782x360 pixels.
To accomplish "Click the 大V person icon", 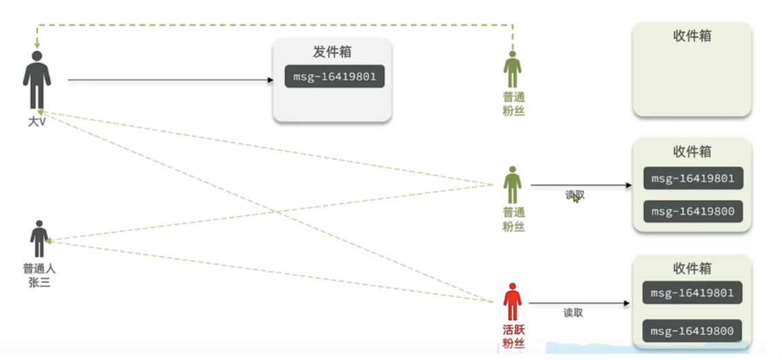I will tap(37, 80).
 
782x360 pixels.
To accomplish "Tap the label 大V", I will tap(37, 122).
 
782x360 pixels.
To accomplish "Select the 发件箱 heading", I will tap(332, 52).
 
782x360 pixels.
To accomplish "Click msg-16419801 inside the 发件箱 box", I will tap(334, 77).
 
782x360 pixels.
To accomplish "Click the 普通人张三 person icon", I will tap(39, 239).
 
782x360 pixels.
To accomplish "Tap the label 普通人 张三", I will tap(39, 275).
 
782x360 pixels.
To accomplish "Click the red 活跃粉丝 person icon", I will tap(512, 301).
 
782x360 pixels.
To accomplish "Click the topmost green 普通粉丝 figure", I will tap(512, 69).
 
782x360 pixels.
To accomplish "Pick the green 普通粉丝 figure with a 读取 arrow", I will tap(512, 184).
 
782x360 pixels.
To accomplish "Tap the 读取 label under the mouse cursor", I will tap(574, 195).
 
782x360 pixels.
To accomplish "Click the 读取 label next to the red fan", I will tap(573, 312).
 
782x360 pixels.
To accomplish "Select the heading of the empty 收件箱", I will tap(692, 36).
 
